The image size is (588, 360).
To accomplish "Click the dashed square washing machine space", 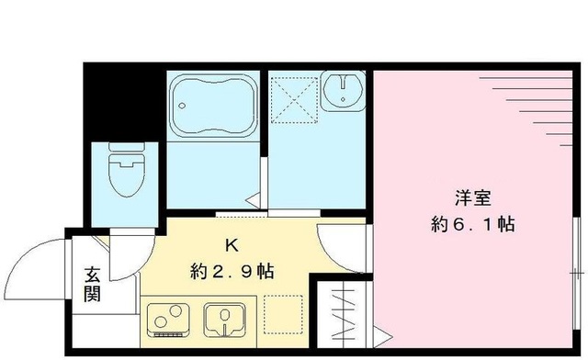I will pyautogui.click(x=294, y=96).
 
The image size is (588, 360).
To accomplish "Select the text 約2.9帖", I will pyautogui.click(x=232, y=272).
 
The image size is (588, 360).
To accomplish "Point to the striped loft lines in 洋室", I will pyautogui.click(x=537, y=106).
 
